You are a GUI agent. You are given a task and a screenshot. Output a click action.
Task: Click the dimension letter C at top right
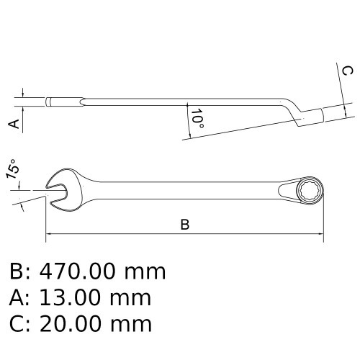coord(346,71)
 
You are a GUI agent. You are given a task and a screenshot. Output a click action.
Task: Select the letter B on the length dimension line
coord(184,225)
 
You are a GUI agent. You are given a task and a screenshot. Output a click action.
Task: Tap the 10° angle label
coord(196,120)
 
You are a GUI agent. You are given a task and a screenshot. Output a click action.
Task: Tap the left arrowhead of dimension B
coord(49,233)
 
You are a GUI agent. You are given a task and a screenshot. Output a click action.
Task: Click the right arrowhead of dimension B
coord(323,233)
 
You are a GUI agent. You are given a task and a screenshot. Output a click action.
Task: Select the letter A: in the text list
coord(19,297)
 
